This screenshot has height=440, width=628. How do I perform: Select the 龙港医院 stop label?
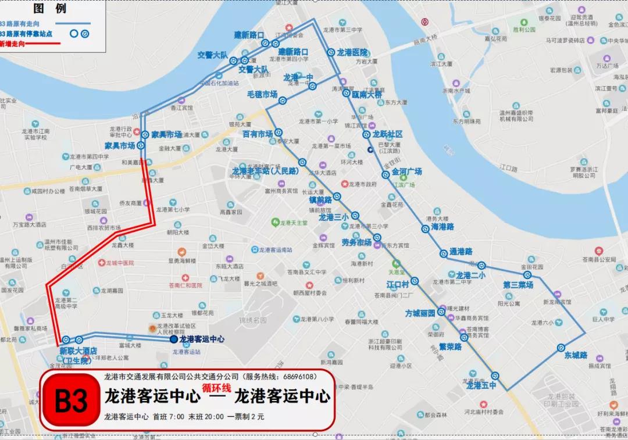352,52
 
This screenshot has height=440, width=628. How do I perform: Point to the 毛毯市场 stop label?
262,94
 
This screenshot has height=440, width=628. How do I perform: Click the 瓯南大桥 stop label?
366,94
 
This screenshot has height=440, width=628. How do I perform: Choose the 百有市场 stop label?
258,134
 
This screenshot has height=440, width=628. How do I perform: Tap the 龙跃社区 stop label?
387,134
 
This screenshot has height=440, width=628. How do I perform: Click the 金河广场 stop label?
406,172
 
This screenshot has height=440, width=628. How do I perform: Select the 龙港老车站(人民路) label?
265,171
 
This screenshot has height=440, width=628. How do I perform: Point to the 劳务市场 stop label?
356,242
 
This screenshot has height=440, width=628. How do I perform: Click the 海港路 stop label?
442,227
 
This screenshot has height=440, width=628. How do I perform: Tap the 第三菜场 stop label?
518,285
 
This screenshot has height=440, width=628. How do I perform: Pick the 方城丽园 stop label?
420,313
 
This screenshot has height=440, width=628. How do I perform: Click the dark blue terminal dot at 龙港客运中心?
173,339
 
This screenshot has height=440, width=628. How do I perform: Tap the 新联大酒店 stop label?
78,351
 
